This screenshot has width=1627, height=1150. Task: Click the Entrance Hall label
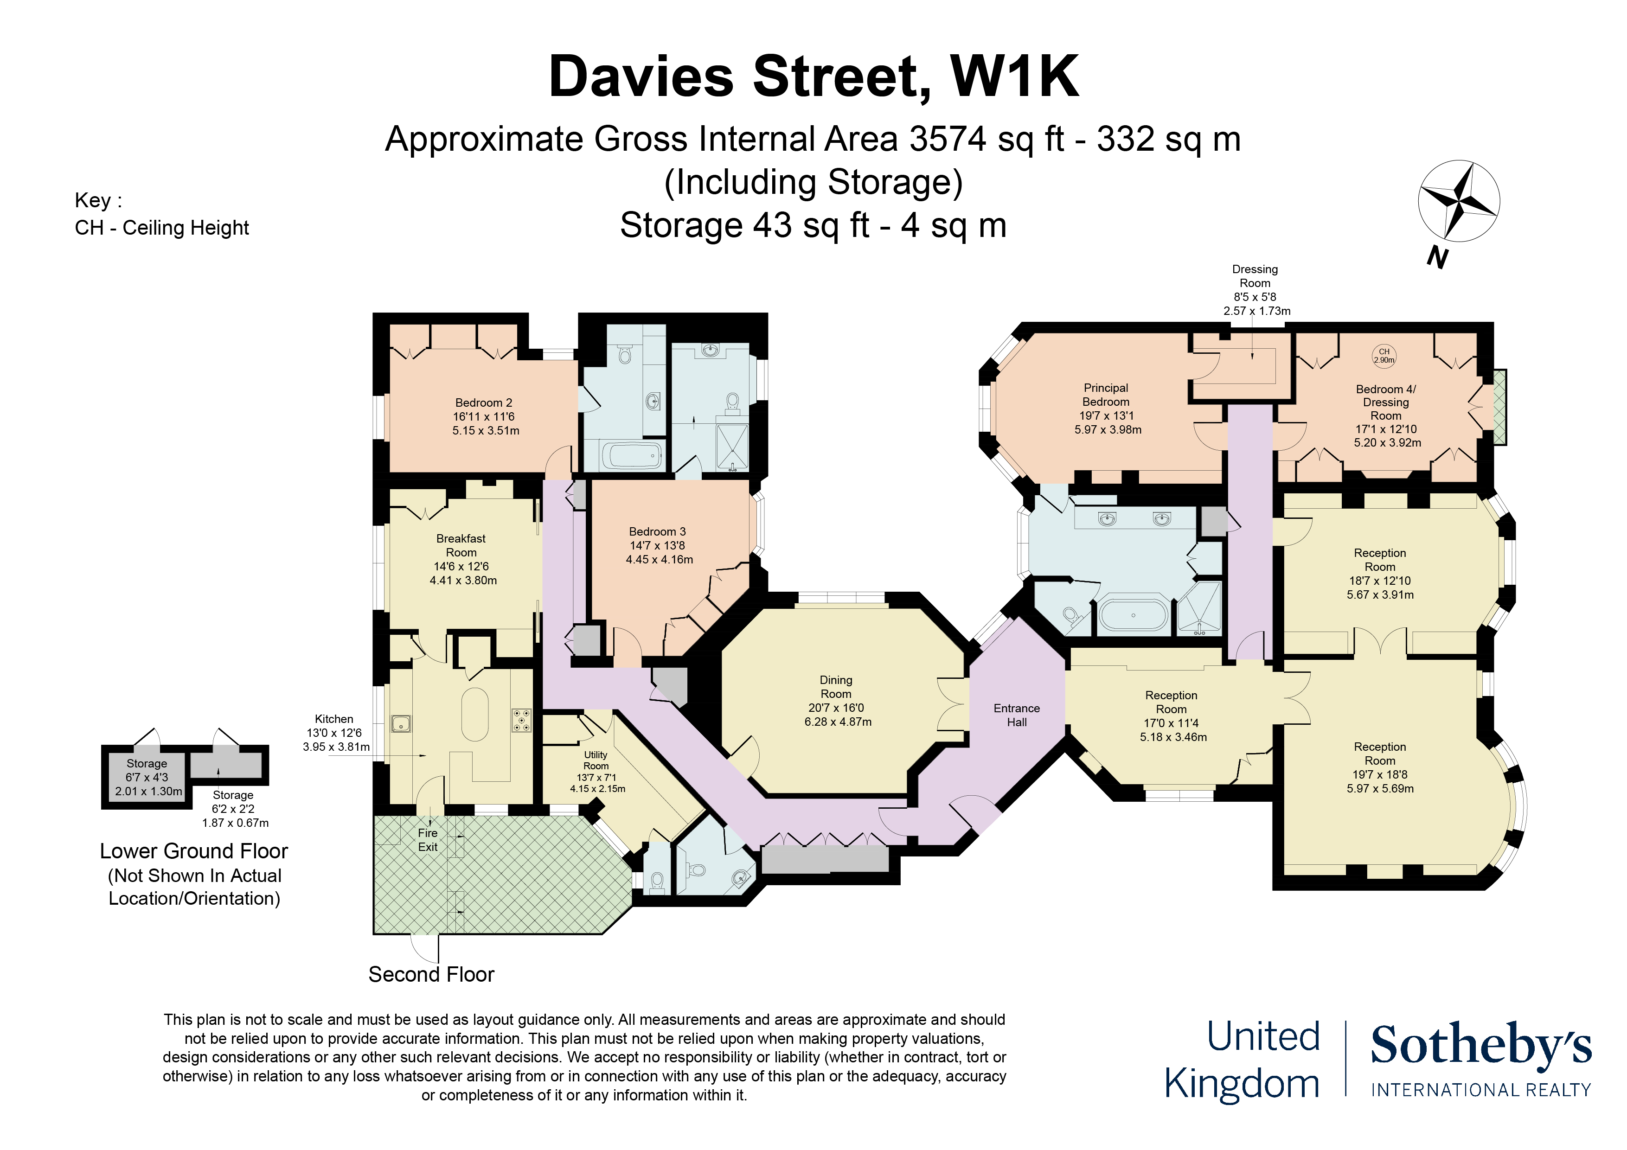1016,715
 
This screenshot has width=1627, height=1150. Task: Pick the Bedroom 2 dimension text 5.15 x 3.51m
486,430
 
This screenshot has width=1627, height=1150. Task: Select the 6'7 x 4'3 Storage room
147,777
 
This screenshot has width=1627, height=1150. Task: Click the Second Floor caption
431,974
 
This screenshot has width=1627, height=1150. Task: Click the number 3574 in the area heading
948,139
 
